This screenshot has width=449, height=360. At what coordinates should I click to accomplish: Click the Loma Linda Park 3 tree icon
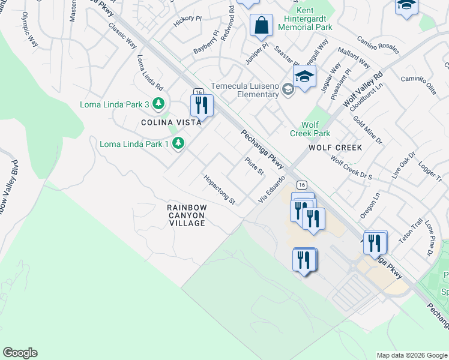pyautogui.click(x=158, y=104)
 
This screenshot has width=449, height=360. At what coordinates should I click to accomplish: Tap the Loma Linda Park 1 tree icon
pyautogui.click(x=178, y=143)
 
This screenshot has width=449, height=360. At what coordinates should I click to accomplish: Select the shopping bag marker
pyautogui.click(x=261, y=26)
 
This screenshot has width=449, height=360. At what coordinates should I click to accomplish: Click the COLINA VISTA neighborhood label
pyautogui.click(x=171, y=122)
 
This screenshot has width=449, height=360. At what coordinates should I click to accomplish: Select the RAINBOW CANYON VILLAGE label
pyautogui.click(x=187, y=215)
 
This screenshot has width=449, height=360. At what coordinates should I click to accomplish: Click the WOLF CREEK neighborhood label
pyautogui.click(x=336, y=148)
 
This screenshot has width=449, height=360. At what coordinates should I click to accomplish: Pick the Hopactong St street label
pyautogui.click(x=219, y=190)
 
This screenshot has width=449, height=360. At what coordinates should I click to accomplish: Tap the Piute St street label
pyautogui.click(x=254, y=166)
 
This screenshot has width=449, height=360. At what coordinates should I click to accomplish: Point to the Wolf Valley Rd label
pyautogui.click(x=363, y=90)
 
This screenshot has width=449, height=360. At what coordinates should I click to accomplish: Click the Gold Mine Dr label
pyautogui.click(x=367, y=131)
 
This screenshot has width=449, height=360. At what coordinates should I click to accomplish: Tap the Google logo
pyautogui.click(x=20, y=353)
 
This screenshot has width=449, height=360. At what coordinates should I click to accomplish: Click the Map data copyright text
pyautogui.click(x=411, y=355)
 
